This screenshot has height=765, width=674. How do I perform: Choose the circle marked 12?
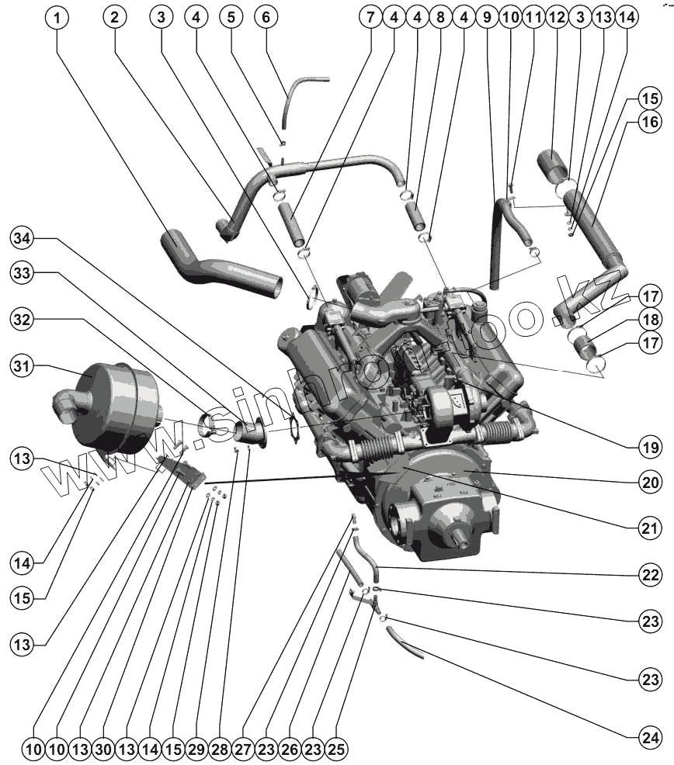[556, 17]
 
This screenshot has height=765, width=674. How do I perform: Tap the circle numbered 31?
[24, 365]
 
